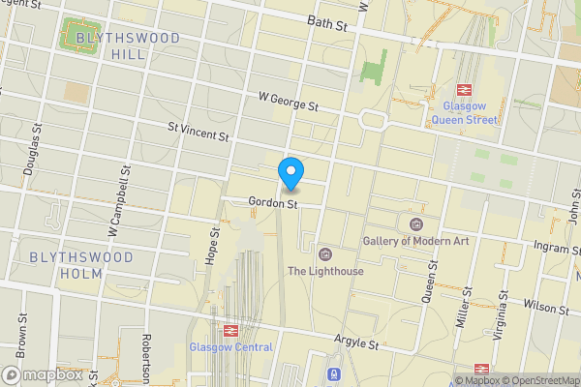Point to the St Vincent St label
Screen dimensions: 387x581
pyautogui.click(x=198, y=132)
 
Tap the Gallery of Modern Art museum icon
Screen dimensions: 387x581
pyautogui.click(x=416, y=223)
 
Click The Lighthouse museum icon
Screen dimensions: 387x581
pyautogui.click(x=325, y=254)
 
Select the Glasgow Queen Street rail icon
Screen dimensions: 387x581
pyautogui.click(x=464, y=90)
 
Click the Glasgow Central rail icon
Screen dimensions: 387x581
pyautogui.click(x=230, y=330)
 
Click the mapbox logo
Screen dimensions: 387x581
pyautogui.click(x=44, y=374)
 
